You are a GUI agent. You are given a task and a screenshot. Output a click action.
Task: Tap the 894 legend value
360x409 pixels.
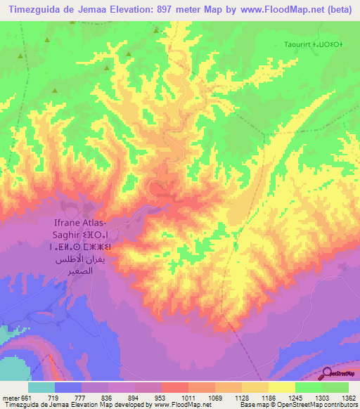[x=126, y=398]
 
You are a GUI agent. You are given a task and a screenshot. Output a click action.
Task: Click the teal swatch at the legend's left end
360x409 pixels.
[x=41, y=387]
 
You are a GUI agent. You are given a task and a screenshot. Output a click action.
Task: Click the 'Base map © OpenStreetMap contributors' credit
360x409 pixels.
[x=302, y=405]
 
